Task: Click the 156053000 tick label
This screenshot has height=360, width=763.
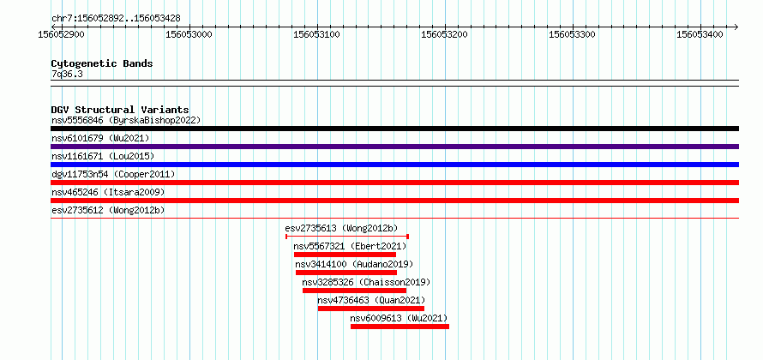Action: pyautogui.click(x=189, y=34)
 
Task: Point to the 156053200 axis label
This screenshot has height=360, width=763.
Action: pyautogui.click(x=445, y=34)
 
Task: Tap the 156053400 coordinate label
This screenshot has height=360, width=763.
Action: pyautogui.click(x=700, y=34)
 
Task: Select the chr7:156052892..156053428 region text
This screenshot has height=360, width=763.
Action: pyautogui.click(x=116, y=18)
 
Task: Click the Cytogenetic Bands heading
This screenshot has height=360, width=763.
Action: pyautogui.click(x=102, y=63)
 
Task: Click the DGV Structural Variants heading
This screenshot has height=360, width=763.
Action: pyautogui.click(x=120, y=110)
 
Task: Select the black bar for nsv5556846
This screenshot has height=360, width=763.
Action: pyautogui.click(x=394, y=129)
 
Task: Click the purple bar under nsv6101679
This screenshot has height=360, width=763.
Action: pyautogui.click(x=394, y=147)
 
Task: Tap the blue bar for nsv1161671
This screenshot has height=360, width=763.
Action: pyautogui.click(x=394, y=165)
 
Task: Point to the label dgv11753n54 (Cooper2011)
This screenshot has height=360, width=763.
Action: pyautogui.click(x=113, y=174)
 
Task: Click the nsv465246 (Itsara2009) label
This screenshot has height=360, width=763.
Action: pyautogui.click(x=108, y=192)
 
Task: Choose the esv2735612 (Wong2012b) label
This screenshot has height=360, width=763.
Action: pyautogui.click(x=108, y=210)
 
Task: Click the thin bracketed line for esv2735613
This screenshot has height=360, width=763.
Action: pyautogui.click(x=347, y=237)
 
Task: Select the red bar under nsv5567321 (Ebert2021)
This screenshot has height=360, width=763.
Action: pyautogui.click(x=345, y=255)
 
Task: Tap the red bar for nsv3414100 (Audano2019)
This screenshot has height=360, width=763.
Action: pyautogui.click(x=346, y=273)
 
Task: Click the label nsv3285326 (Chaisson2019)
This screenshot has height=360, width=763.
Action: pyautogui.click(x=366, y=282)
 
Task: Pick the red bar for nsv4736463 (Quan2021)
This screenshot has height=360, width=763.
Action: pyautogui.click(x=371, y=309)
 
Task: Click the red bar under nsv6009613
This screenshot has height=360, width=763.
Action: pyautogui.click(x=400, y=327)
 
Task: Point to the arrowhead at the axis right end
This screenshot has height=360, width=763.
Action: pyautogui.click(x=736, y=27)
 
